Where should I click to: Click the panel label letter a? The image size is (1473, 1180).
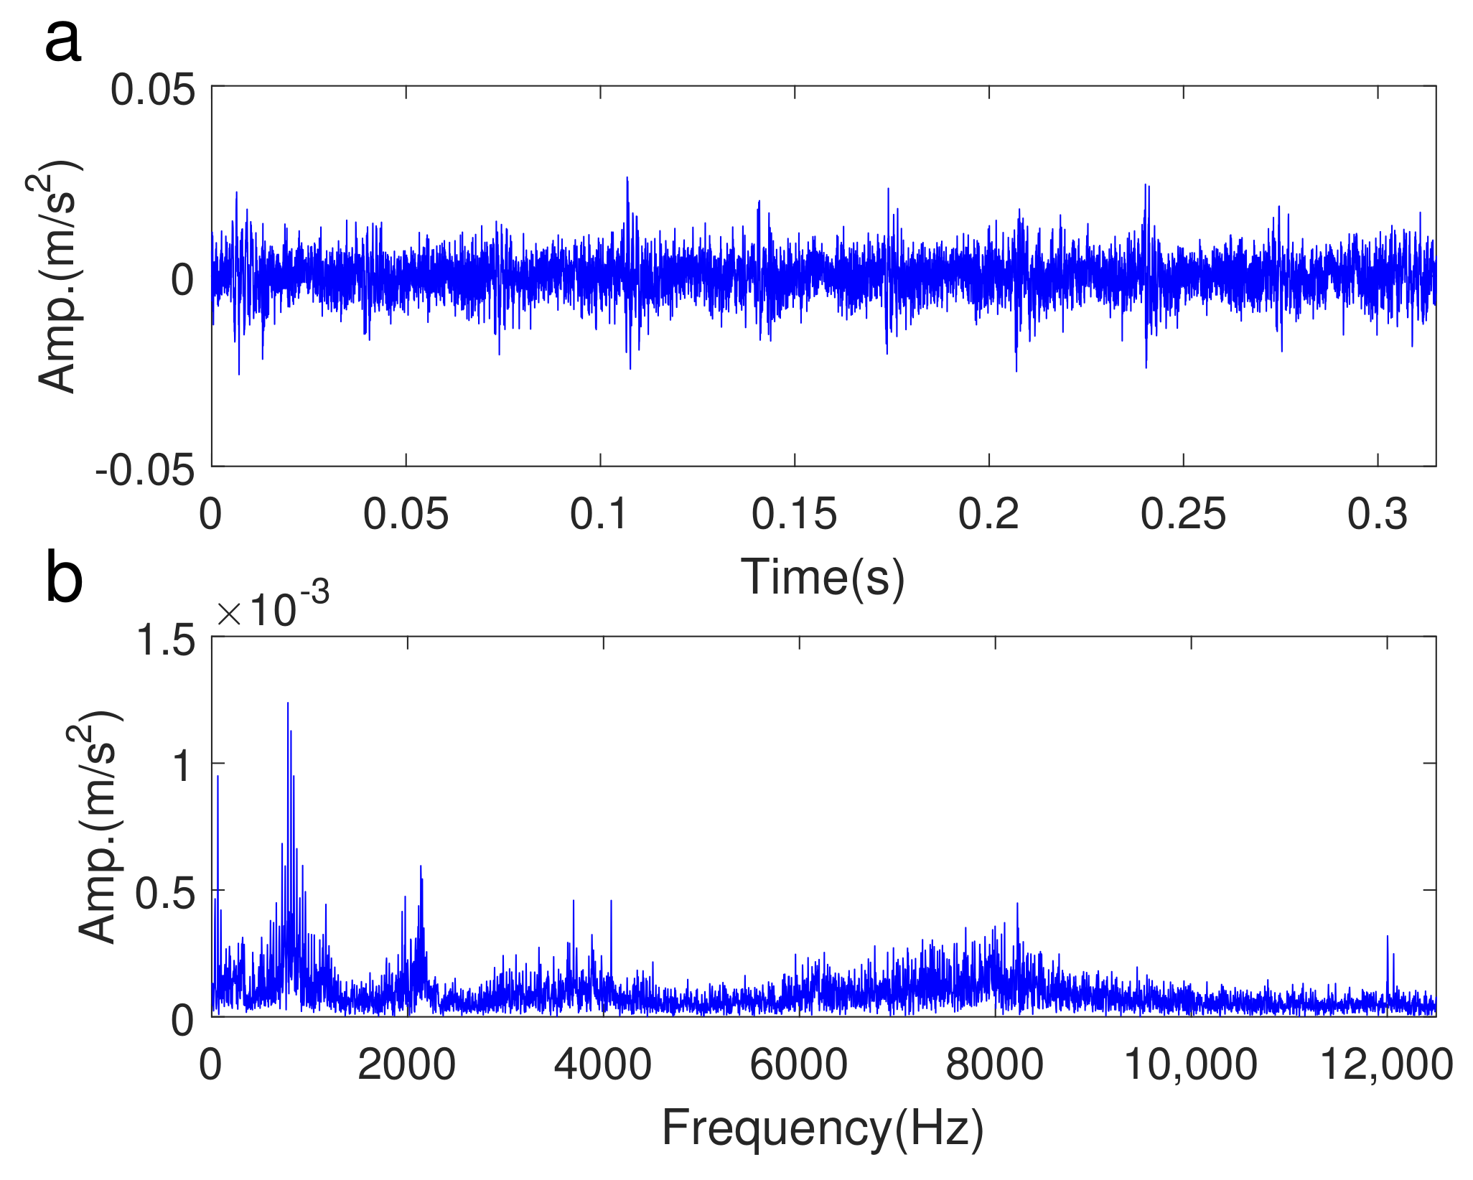pos(63,42)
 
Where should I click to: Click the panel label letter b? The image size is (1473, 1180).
pos(64,579)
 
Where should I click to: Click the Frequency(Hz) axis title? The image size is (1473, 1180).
pos(823,1128)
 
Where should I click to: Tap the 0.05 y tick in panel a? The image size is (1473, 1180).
pos(153,91)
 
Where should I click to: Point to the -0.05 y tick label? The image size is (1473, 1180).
pos(146,472)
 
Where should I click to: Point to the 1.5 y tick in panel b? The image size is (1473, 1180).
pos(165,640)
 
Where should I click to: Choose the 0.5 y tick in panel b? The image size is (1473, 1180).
pos(165,894)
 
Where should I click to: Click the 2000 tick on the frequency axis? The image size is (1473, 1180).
pos(406,1065)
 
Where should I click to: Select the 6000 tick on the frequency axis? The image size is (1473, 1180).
pos(798,1065)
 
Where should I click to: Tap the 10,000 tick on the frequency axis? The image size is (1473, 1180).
pos(1190,1065)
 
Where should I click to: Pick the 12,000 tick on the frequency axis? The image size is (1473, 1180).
pos(1387,1065)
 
